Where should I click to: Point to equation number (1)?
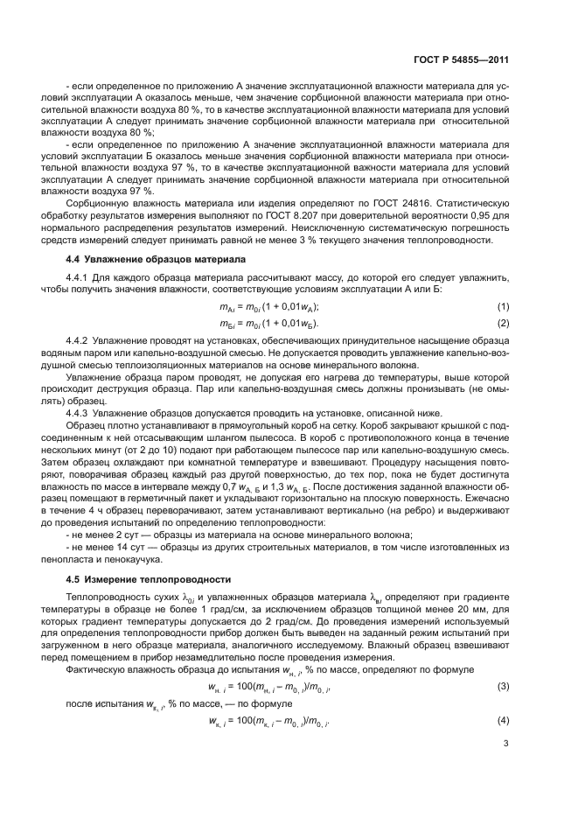pyautogui.click(x=503, y=305)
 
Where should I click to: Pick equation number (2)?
pyautogui.click(x=503, y=323)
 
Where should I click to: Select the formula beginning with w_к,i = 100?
pyautogui.click(x=267, y=721)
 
